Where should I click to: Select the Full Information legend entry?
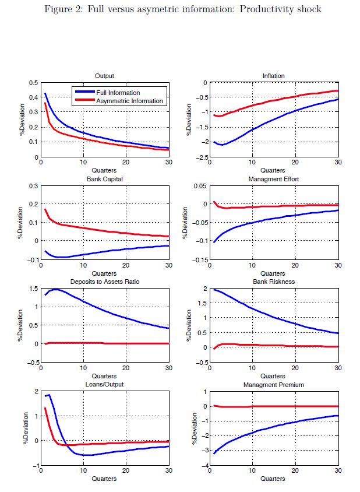tap(118, 93)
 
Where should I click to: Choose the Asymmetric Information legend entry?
tap(129, 101)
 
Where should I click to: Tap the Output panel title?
tap(104, 76)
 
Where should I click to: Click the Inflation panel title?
tap(274, 76)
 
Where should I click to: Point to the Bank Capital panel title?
tap(104, 179)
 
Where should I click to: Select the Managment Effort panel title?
tap(274, 179)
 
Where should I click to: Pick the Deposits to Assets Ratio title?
tap(104, 282)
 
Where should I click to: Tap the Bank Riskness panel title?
tap(274, 282)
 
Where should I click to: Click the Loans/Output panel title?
tap(104, 385)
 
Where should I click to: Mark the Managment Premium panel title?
tap(274, 385)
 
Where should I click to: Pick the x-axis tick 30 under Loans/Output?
tap(169, 472)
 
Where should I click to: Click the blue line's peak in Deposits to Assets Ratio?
tap(55, 289)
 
